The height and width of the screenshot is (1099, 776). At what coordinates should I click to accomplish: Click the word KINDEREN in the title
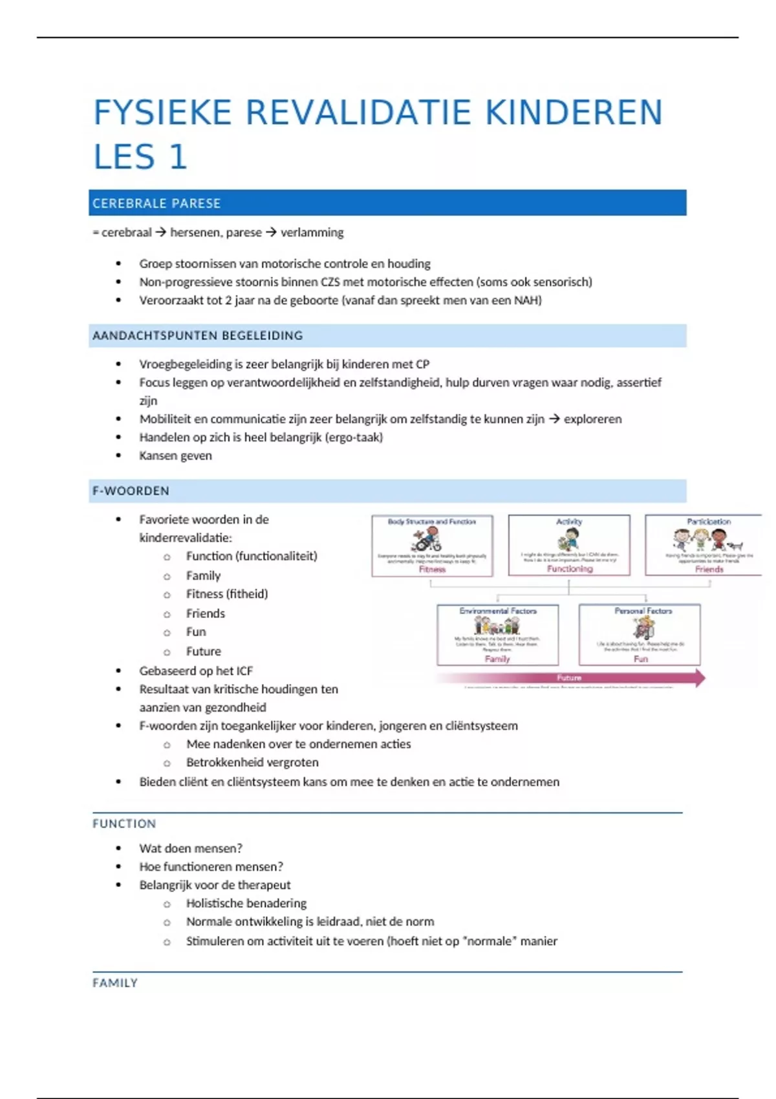(574, 112)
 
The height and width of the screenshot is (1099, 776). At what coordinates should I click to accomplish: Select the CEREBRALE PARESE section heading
(156, 204)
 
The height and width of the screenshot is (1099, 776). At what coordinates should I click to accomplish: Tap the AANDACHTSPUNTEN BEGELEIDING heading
(198, 336)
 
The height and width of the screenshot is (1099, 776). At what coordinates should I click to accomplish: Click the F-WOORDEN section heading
(131, 491)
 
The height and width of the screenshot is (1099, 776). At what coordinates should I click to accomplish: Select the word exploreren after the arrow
(592, 419)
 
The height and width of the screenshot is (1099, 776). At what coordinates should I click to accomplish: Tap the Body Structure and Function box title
(431, 521)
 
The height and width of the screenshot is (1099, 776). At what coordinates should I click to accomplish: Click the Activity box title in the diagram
(569, 521)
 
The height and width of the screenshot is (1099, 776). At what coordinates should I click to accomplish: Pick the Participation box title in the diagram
(709, 521)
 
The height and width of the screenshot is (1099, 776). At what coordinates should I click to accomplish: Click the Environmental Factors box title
(498, 610)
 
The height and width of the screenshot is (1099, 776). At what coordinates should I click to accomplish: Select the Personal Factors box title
(643, 610)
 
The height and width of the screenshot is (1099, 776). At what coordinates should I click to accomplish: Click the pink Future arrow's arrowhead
(699, 678)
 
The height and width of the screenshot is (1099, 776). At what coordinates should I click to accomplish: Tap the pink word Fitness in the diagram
(432, 570)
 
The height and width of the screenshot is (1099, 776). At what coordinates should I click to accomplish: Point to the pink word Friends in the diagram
(709, 570)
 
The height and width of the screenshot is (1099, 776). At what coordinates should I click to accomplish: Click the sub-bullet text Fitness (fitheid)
(227, 594)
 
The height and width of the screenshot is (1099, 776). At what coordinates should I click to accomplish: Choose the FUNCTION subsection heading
(124, 824)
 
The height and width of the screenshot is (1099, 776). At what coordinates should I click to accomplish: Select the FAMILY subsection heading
(115, 983)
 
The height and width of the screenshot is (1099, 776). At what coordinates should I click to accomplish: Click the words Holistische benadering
(246, 903)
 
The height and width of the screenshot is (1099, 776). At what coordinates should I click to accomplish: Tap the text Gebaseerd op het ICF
(196, 671)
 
